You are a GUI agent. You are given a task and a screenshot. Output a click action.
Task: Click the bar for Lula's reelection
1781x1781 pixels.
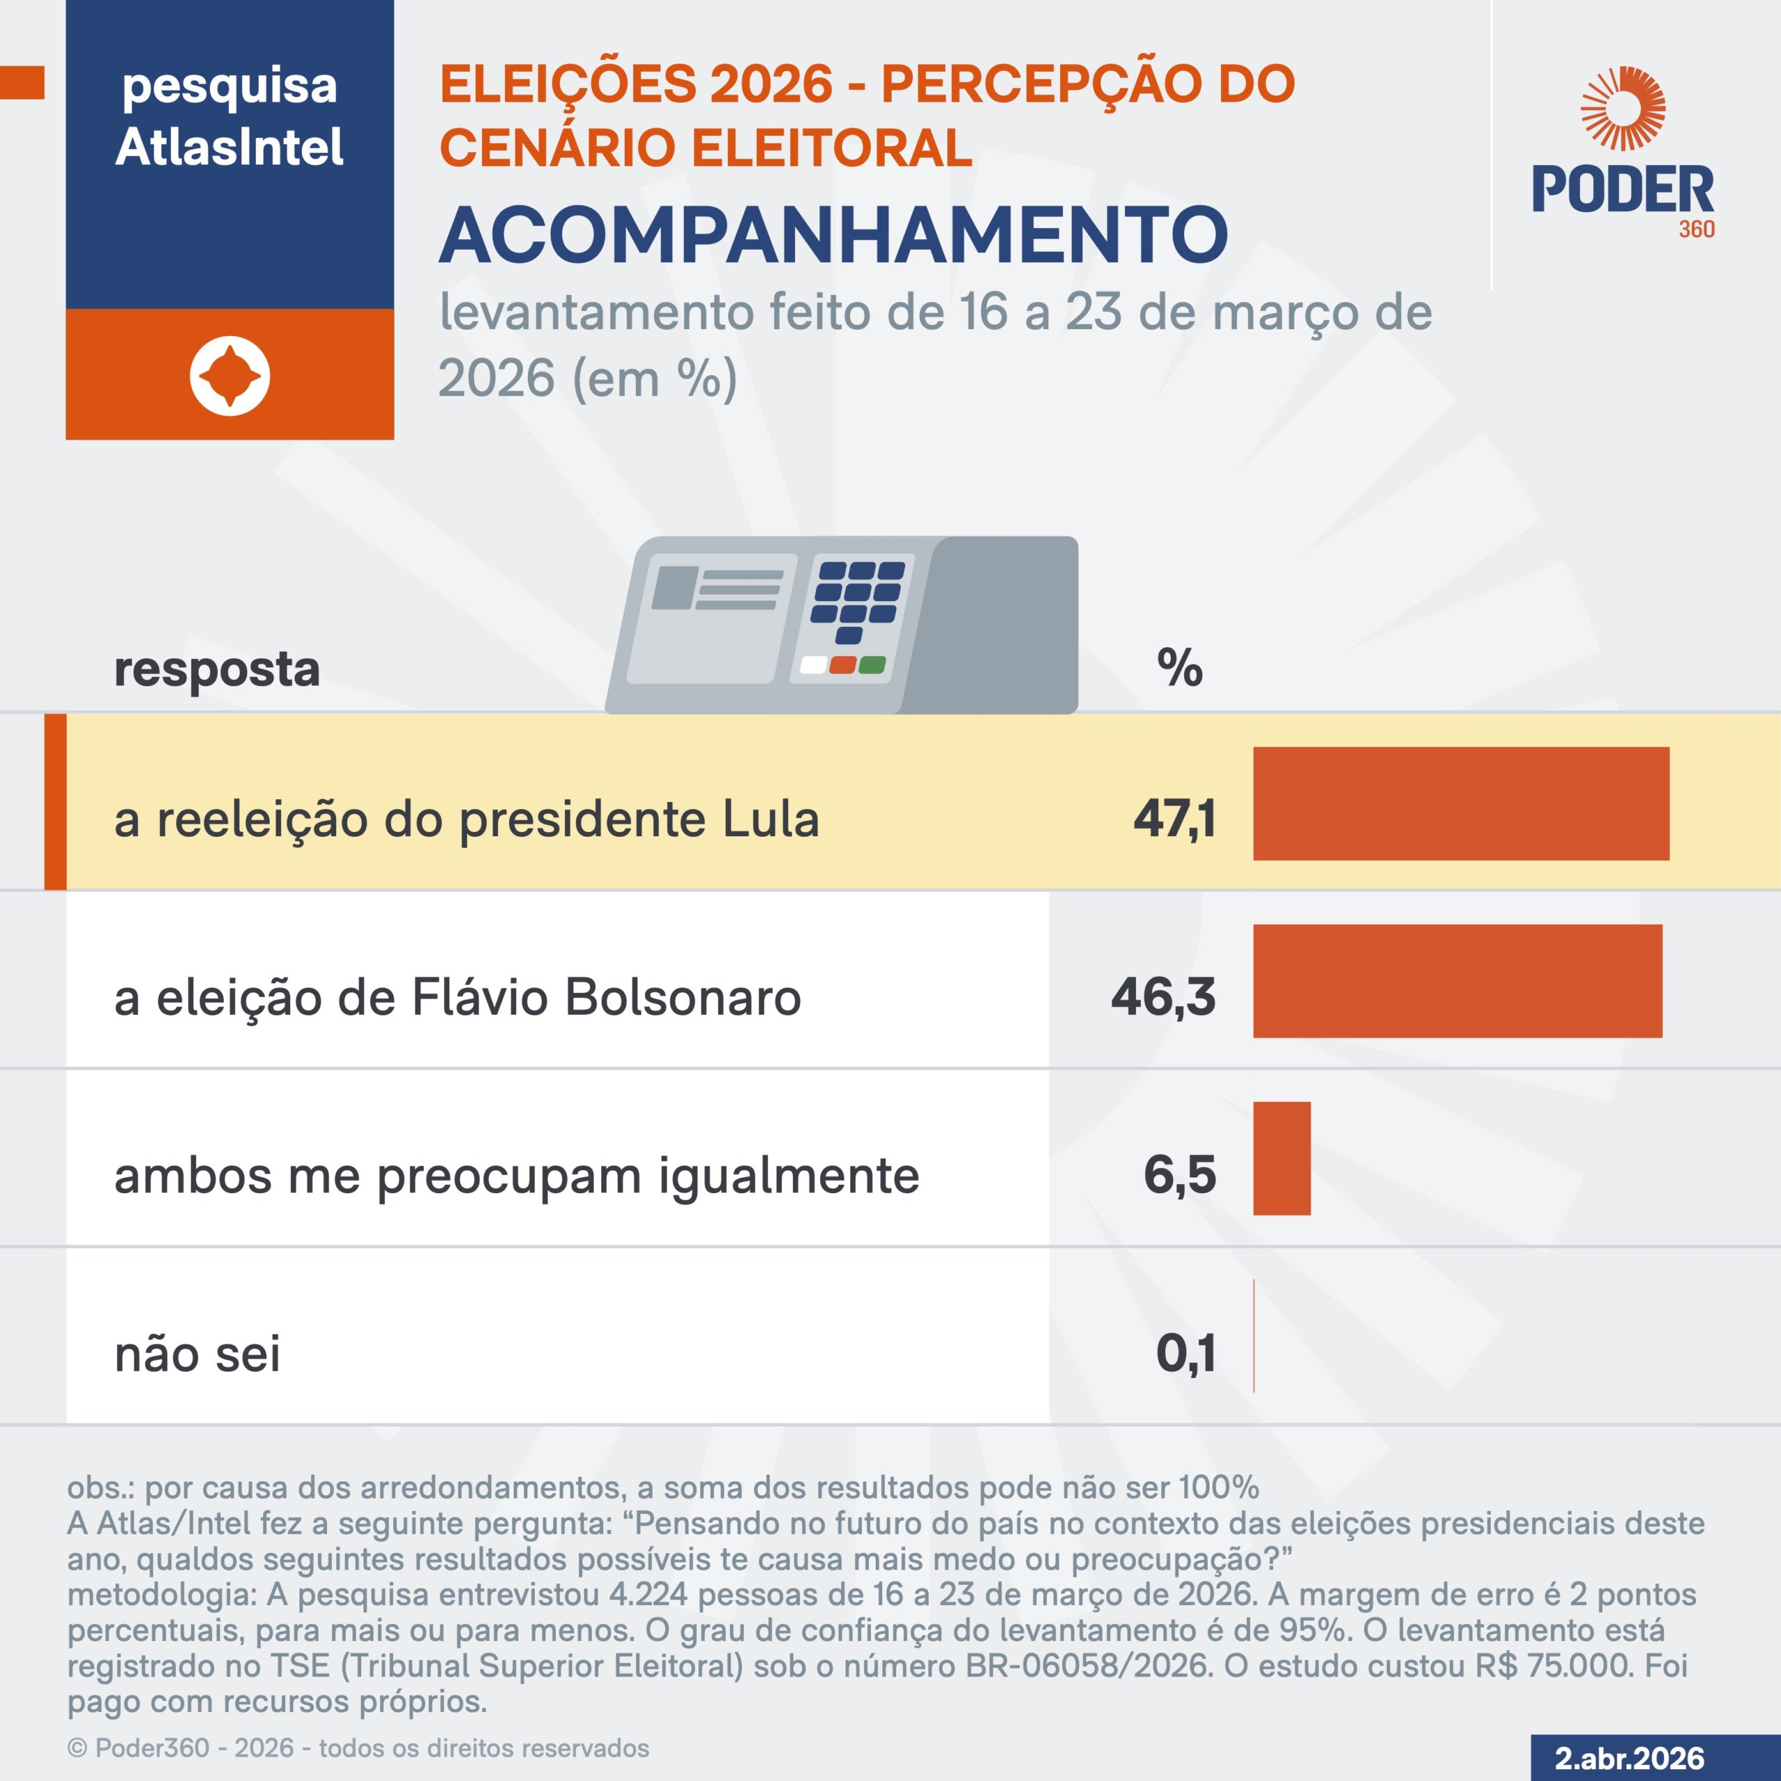[1460, 803]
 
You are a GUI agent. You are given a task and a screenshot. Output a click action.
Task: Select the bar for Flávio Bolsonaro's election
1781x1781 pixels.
[1457, 981]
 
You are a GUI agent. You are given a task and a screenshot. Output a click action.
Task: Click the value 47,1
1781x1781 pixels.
[1174, 819]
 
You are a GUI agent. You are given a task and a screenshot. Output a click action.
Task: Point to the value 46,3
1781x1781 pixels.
[1163, 996]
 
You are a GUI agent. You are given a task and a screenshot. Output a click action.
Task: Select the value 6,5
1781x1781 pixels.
[1180, 1174]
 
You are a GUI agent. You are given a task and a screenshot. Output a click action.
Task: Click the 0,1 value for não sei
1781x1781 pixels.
[1185, 1352]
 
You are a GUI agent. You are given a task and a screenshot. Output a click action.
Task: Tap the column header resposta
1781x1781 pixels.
[216, 669]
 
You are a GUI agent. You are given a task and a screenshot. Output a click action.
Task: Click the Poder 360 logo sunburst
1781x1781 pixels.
[1622, 109]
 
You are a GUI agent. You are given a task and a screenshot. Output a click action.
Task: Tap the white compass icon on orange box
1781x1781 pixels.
[230, 375]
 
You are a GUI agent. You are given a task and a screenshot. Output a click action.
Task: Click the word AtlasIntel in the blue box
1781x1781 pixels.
[230, 147]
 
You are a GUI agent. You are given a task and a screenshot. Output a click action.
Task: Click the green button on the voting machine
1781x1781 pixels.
[872, 664]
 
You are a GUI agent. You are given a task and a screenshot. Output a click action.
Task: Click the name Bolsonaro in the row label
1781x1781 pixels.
[682, 998]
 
